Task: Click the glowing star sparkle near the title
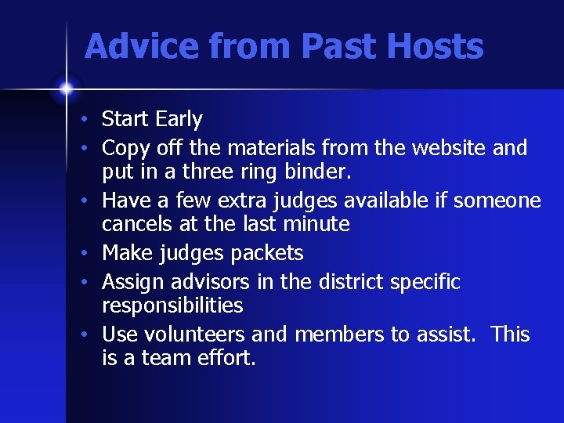click(x=66, y=89)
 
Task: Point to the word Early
click(x=179, y=120)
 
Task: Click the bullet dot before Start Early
click(x=92, y=121)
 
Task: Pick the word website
click(x=449, y=147)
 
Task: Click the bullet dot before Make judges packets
click(x=92, y=254)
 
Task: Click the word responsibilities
click(x=172, y=305)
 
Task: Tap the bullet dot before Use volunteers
click(x=92, y=335)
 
